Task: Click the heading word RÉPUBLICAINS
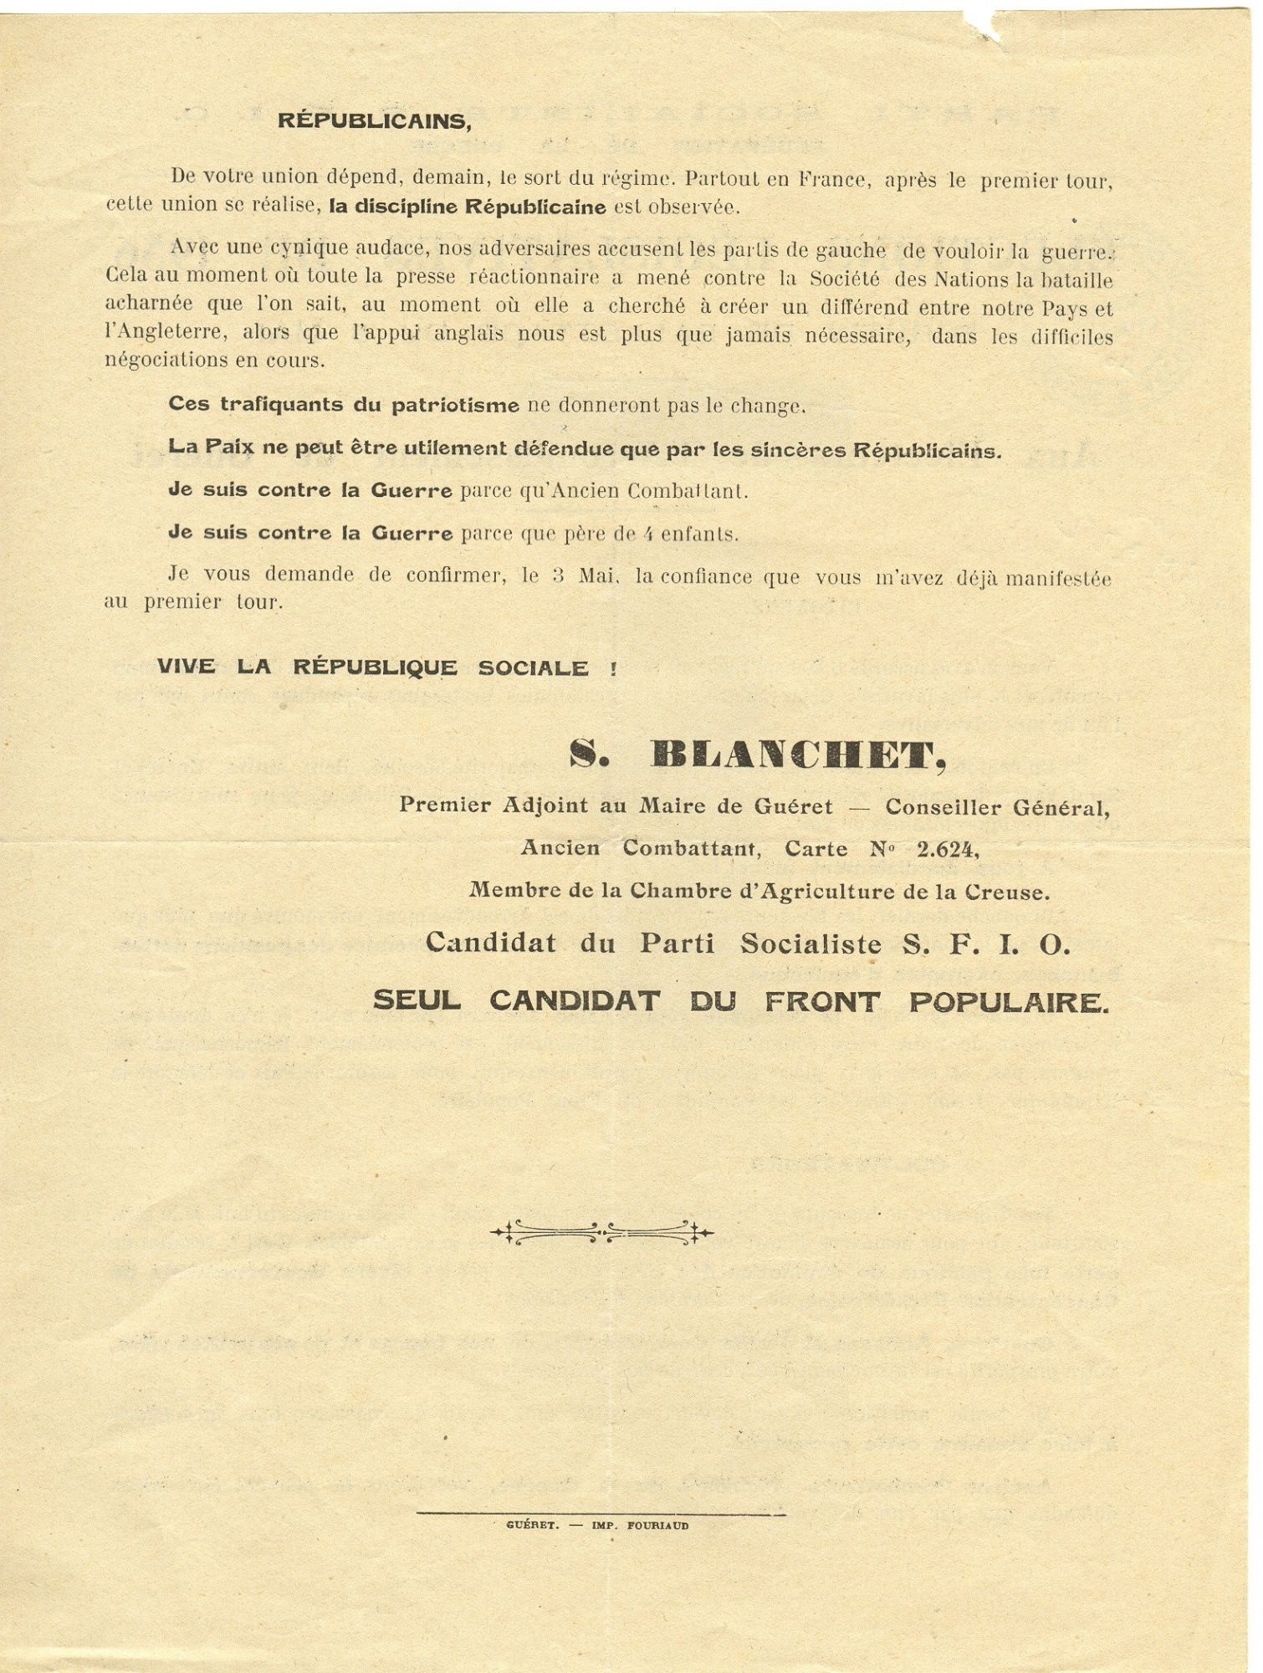click(375, 121)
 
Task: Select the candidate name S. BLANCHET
click(758, 755)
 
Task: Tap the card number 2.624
click(947, 849)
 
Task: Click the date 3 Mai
click(584, 577)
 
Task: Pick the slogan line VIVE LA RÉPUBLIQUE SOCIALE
click(386, 668)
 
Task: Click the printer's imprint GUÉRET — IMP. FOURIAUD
click(597, 1525)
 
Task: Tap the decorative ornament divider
click(601, 1231)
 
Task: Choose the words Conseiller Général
click(997, 807)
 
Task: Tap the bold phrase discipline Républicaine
click(467, 207)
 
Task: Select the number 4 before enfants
click(647, 535)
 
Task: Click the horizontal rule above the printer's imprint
click(601, 1513)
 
